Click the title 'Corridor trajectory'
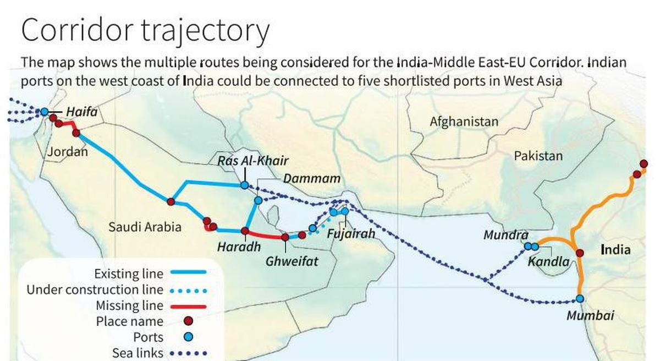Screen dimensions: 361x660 (145, 31)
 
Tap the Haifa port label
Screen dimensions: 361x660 (81, 112)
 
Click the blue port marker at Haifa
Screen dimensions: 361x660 (45, 112)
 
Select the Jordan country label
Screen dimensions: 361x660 (67, 152)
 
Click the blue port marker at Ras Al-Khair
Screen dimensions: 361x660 (244, 185)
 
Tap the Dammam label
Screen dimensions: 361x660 (311, 179)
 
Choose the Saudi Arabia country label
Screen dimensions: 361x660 (145, 227)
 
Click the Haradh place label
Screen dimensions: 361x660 (239, 247)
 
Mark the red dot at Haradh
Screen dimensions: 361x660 (245, 231)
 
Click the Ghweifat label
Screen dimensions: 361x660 (292, 261)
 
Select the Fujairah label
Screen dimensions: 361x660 (351, 234)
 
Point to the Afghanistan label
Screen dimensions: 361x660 (464, 122)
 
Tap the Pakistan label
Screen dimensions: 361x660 (538, 156)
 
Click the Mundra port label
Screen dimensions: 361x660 (505, 236)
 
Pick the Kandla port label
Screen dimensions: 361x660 (548, 261)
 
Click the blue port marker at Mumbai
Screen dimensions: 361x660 (580, 299)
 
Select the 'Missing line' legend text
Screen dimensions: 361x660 (129, 305)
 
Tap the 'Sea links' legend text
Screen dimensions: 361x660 (137, 353)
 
